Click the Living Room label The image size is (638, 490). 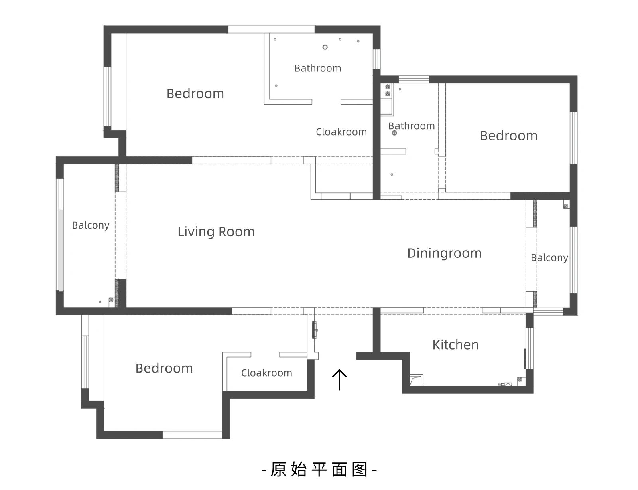[x=216, y=232]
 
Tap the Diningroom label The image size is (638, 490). [x=444, y=253]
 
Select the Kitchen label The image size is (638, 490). [x=455, y=345]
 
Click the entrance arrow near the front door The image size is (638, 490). [x=339, y=379]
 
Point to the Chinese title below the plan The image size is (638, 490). [x=319, y=469]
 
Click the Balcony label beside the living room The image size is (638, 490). [x=91, y=225]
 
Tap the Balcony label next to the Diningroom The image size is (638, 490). [x=549, y=258]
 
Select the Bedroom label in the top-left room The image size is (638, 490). [x=195, y=94]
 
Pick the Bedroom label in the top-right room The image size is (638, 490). [x=508, y=136]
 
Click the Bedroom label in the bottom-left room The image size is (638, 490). [x=164, y=368]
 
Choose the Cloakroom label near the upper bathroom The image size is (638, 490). [x=341, y=132]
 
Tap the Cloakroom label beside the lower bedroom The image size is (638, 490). [x=267, y=373]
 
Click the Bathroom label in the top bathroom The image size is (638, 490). [x=318, y=68]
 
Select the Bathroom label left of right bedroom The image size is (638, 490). [x=412, y=126]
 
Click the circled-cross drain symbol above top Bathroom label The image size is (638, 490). [x=325, y=47]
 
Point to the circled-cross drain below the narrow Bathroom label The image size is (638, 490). [x=394, y=133]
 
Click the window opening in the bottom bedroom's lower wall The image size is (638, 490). [x=192, y=435]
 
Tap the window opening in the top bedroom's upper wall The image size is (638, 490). [x=271, y=30]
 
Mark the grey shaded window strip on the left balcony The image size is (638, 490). [x=61, y=250]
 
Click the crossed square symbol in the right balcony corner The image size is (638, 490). [x=566, y=206]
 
